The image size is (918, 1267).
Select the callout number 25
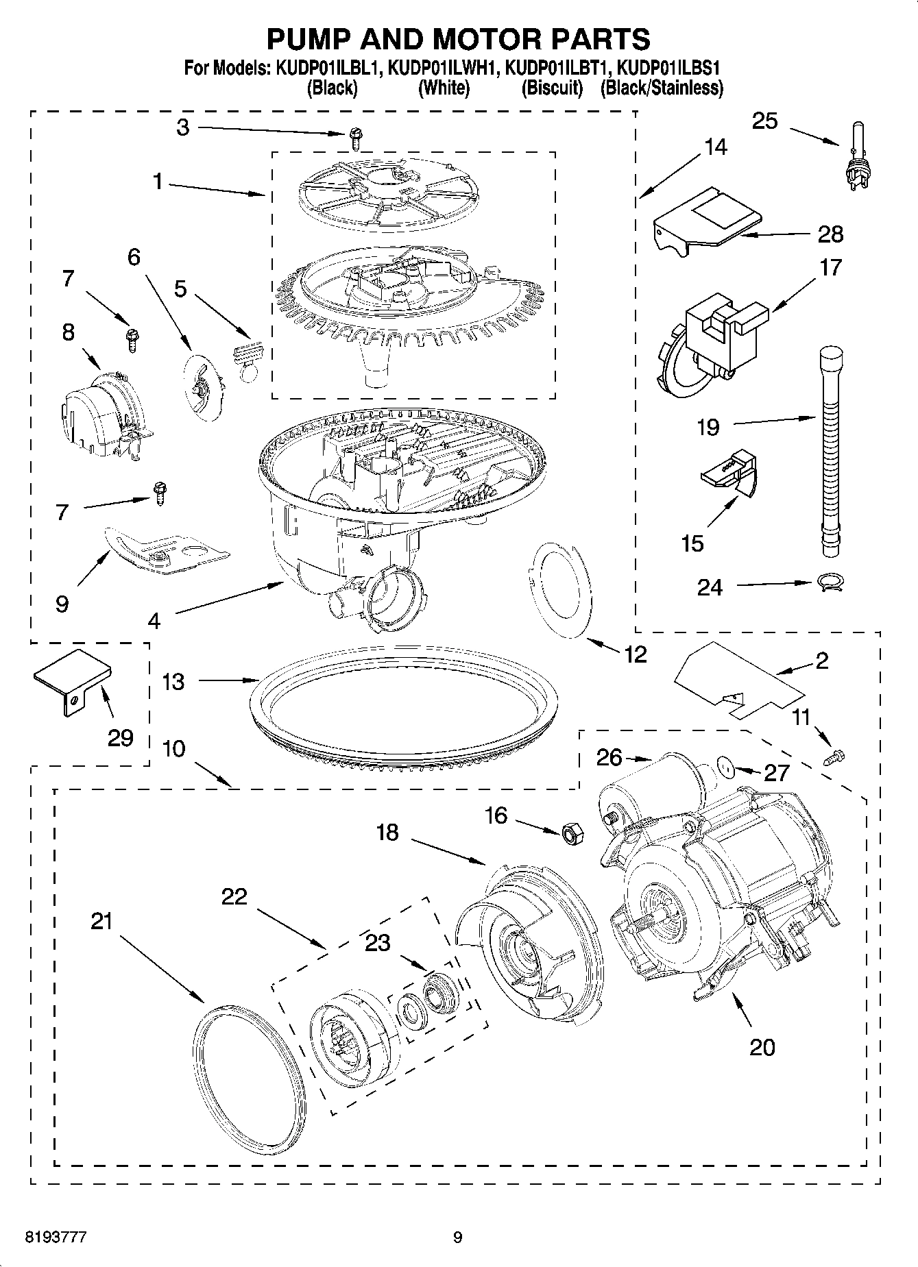pos(764,121)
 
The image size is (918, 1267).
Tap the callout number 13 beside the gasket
pos(173,682)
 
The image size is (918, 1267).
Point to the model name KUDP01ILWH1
pos(444,69)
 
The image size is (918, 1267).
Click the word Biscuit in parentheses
pos(551,88)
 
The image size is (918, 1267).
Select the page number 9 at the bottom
pos(458,1238)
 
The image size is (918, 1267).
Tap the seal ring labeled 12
pos(561,589)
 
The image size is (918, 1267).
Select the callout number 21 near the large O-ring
pos(101,922)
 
